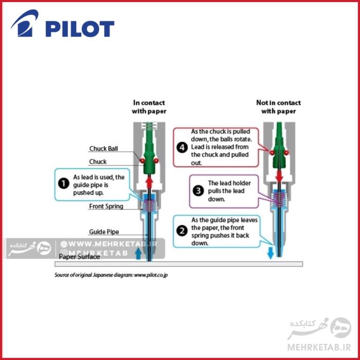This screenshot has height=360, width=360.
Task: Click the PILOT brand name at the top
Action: coord(79,29)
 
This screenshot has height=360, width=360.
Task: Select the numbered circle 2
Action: coord(182,230)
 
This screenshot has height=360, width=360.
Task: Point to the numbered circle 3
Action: coord(199,190)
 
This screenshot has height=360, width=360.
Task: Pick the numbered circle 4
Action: coord(181,147)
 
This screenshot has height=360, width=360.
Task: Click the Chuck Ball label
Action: coord(104,149)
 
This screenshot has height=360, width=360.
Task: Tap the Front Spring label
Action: coord(106,207)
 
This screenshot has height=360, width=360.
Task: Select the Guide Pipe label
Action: coord(104,232)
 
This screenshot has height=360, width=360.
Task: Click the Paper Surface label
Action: coord(79,257)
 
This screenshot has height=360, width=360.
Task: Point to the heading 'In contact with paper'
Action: coord(150,106)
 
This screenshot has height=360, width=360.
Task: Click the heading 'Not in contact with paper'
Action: coord(278,106)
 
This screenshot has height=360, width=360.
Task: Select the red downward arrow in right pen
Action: coord(279,176)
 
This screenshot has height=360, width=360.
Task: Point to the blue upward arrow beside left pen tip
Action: coord(138,253)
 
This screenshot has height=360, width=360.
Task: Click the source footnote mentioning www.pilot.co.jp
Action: coord(111,275)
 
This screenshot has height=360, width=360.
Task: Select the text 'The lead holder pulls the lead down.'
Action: coord(226,190)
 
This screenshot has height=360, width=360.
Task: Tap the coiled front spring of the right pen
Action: coord(278,197)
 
